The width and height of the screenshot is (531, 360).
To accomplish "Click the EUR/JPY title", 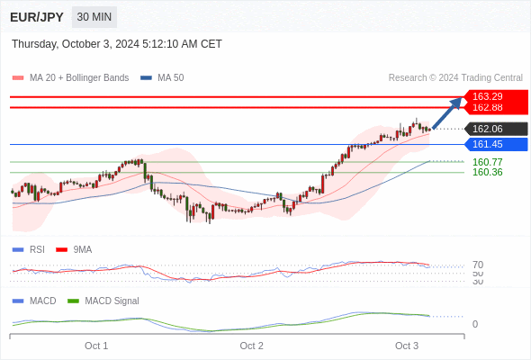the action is [37, 17].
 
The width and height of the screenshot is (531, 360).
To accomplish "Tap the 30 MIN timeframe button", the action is [94, 17].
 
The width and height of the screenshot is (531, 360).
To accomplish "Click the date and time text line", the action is [117, 44].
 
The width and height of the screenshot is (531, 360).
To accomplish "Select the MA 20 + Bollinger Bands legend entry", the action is [70, 78].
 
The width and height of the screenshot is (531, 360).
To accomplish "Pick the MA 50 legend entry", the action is [162, 78].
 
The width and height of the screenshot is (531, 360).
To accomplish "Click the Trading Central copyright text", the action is [455, 78].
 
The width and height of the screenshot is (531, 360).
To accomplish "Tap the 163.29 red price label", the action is [487, 96].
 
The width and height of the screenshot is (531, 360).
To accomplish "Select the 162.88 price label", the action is [487, 107].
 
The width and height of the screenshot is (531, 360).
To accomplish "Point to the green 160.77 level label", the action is [487, 162].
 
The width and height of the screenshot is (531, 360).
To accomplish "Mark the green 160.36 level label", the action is [487, 172].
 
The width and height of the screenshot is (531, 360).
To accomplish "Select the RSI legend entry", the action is [29, 250].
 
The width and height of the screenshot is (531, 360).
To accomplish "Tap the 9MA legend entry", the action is [74, 250].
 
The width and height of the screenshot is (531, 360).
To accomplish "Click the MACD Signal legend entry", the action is [103, 301].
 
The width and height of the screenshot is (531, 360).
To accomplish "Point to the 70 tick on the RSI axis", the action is [478, 265].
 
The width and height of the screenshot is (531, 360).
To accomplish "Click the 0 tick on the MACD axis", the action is [475, 324].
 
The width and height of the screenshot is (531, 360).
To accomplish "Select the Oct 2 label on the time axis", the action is [251, 346].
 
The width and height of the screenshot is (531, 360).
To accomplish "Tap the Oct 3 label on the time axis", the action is [407, 346].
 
